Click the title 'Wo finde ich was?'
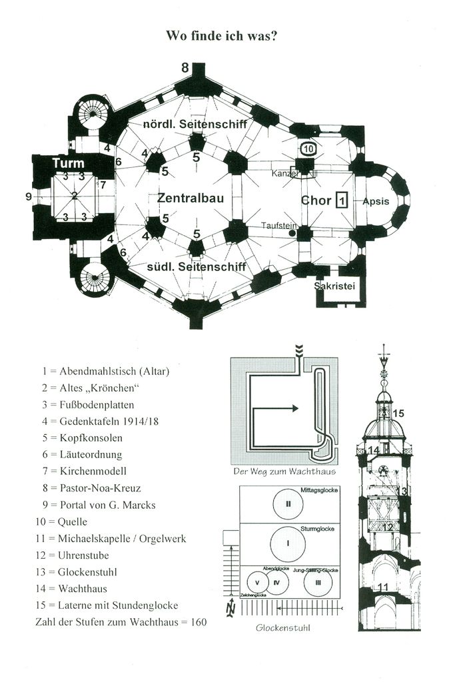(x=221, y=36)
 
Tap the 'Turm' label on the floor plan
(x=69, y=163)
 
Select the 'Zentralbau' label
(x=190, y=198)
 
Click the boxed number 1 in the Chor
(x=342, y=200)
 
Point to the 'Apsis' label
(x=376, y=200)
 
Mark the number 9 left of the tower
(x=28, y=196)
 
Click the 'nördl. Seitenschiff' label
(x=195, y=125)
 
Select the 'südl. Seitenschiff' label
(x=197, y=266)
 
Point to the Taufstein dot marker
(x=283, y=234)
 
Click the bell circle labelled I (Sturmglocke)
(x=288, y=543)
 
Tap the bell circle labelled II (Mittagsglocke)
(x=288, y=504)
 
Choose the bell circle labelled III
(x=318, y=582)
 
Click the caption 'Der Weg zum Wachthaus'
(x=284, y=472)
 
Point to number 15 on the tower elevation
(x=398, y=414)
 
